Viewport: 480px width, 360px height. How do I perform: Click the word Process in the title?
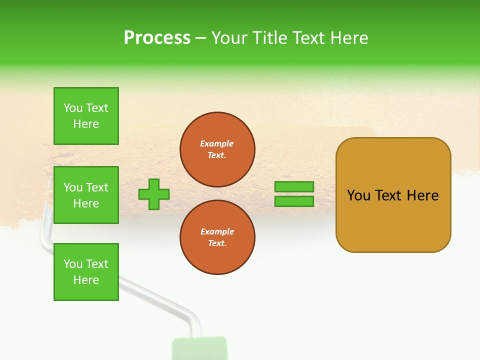point(157,38)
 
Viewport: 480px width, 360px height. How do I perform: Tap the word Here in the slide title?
point(348,38)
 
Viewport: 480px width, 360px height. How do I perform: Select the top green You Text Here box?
point(86,116)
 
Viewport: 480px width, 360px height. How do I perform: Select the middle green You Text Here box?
point(86,195)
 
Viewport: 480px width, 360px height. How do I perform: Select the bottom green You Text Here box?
point(86,272)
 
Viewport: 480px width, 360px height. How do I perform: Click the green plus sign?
point(154,194)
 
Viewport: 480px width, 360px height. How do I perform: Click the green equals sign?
point(294,194)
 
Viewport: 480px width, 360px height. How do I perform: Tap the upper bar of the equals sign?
point(294,186)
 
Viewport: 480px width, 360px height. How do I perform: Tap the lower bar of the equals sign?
point(294,201)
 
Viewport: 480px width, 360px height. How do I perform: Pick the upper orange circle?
point(217,149)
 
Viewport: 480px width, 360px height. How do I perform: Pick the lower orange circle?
point(217,237)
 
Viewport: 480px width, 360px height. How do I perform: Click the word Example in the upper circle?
point(217,143)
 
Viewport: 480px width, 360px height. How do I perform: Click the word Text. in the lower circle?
point(217,243)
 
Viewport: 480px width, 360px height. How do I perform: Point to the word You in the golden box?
point(358,195)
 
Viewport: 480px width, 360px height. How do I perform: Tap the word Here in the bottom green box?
point(86,280)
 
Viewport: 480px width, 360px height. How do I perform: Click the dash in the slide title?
point(201,38)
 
